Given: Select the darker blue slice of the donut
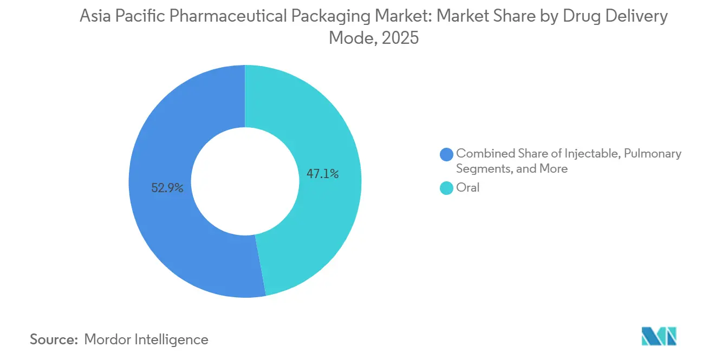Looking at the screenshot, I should point(162,135).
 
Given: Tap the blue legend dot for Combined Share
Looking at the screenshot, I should point(446,154).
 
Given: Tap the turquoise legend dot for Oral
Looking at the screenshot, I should point(446,188).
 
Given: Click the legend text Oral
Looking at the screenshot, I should point(468,188).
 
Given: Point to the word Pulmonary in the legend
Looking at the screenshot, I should point(653,153).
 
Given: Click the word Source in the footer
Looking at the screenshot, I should point(53,339).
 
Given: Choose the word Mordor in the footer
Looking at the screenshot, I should point(109,339).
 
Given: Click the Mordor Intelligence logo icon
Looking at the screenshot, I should point(659,337).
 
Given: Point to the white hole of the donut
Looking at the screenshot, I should point(245,181).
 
